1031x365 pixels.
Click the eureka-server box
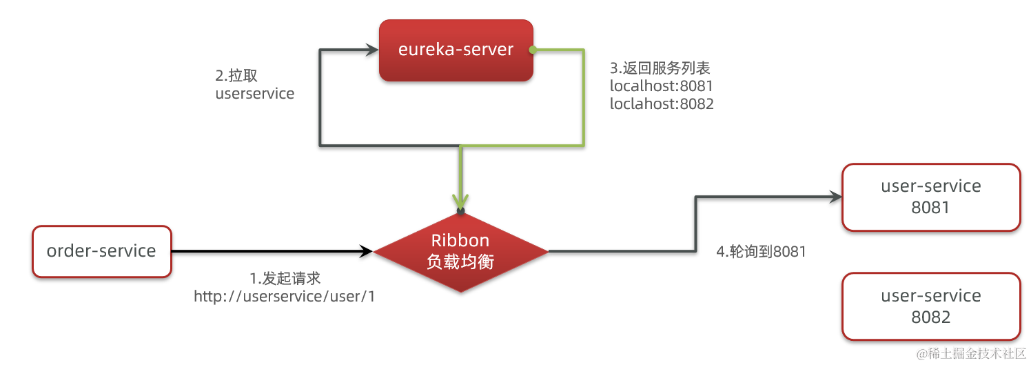pos(456,50)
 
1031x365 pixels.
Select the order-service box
pos(101,251)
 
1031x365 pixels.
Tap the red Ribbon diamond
pos(460,251)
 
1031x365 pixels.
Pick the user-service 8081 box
pos(930,197)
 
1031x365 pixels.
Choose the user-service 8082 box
pos(930,306)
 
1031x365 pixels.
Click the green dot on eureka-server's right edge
pos(531,50)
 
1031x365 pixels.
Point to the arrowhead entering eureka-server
pos(372,50)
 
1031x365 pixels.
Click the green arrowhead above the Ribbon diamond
pos(460,200)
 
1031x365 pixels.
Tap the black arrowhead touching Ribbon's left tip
pos(366,252)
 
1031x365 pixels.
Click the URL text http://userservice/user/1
pos(285,296)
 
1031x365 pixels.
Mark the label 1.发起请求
pos(285,279)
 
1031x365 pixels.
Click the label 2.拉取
pos(236,76)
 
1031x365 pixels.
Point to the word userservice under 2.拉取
pos(254,94)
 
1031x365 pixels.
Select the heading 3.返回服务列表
pos(660,68)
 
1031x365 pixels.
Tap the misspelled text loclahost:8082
pos(662,104)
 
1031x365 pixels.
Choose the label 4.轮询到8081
pos(761,252)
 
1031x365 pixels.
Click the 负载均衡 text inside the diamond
pos(460,263)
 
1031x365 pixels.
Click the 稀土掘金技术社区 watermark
pos(971,353)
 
